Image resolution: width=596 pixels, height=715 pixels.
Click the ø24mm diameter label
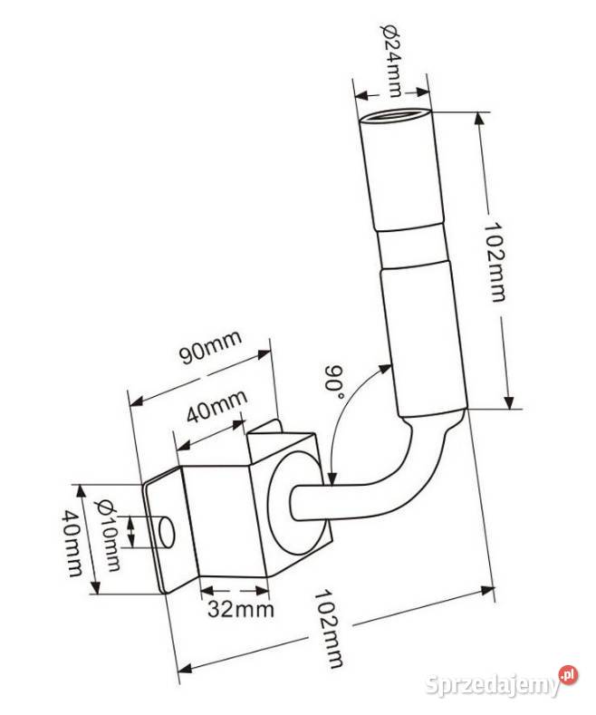tap(391, 60)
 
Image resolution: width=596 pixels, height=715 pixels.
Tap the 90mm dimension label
tap(209, 347)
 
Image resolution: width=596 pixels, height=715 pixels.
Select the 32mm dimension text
tap(241, 609)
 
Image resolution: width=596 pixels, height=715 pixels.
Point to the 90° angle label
tap(334, 382)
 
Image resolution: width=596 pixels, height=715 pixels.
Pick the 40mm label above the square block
tap(217, 406)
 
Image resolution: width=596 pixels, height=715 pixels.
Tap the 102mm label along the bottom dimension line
tap(328, 629)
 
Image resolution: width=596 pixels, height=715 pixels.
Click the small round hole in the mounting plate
tap(166, 533)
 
